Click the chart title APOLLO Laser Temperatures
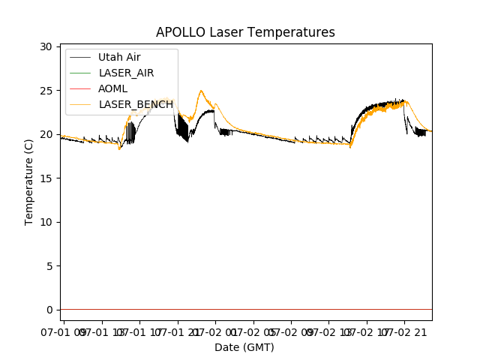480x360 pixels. [x=245, y=32]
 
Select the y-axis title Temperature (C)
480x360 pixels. [x=29, y=182]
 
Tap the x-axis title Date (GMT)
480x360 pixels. [x=244, y=347]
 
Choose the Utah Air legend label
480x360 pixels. [x=119, y=57]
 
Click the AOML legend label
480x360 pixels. [x=114, y=88]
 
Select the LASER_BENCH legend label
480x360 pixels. [x=136, y=104]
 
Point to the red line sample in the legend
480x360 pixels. [x=81, y=88]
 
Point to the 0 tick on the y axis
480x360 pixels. [x=49, y=309]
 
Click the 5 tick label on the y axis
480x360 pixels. [x=49, y=265]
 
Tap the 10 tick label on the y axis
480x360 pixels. [x=46, y=221]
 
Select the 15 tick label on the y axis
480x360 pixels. [x=46, y=178]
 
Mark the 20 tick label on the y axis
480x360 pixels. [x=46, y=134]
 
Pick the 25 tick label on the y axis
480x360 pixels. [x=46, y=90]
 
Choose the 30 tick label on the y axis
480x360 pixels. [x=46, y=46]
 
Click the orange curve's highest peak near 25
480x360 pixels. [x=201, y=91]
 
